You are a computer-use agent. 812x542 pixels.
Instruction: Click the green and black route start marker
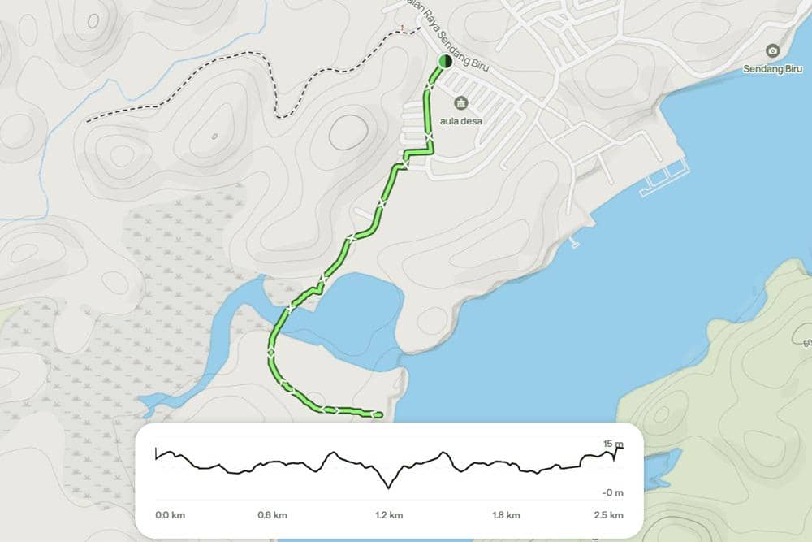[444, 61]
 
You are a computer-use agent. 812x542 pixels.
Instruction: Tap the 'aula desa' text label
[462, 120]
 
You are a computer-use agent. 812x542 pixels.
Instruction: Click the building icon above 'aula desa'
[461, 103]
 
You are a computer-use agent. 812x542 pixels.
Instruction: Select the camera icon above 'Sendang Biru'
[772, 51]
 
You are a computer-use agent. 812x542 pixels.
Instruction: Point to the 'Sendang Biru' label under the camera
[772, 68]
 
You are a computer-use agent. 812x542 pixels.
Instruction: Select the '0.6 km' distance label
[273, 514]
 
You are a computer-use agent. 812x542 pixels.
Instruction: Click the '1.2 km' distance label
[389, 514]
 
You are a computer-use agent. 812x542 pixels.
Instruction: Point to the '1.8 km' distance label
[506, 514]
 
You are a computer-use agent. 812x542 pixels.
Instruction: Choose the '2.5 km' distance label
[608, 514]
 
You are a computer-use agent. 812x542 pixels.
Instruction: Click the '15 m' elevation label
[613, 444]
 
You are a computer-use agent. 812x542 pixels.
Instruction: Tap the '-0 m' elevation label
[613, 492]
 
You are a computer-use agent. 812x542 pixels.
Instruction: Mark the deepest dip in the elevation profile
[389, 487]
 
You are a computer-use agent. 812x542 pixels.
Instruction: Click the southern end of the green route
[378, 414]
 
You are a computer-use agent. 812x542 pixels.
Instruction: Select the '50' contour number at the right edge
[807, 344]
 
